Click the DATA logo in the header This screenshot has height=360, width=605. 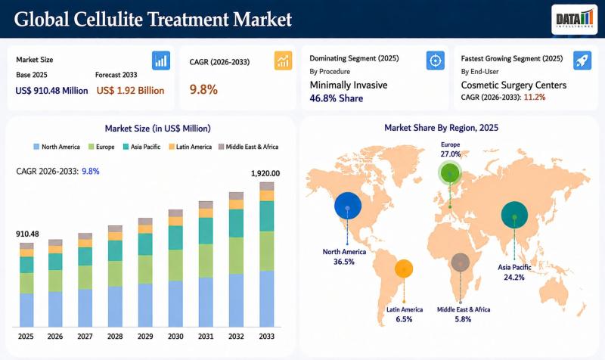[574, 20]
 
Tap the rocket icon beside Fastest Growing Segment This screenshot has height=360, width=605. [582, 61]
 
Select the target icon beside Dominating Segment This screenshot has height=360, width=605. [436, 61]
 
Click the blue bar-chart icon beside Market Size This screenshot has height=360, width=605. [161, 61]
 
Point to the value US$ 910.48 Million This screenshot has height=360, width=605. [51, 91]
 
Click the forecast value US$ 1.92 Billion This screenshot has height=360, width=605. [130, 91]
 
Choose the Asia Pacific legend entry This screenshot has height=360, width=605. [141, 147]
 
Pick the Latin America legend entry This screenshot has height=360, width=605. [191, 147]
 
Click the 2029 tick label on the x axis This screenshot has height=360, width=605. [145, 337]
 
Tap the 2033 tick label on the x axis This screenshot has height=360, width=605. [267, 337]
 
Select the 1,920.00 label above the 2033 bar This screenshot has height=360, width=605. [265, 174]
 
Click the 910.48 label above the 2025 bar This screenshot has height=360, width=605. [27, 234]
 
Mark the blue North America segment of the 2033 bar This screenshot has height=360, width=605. [267, 299]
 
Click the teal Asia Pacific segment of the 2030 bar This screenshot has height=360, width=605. [175, 237]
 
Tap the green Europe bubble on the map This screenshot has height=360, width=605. [450, 172]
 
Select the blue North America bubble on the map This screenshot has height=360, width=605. [348, 205]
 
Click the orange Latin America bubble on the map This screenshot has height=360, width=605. [404, 269]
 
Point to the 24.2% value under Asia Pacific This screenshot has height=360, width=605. [514, 278]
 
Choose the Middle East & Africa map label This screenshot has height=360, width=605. [464, 309]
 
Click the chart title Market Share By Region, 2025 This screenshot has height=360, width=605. [442, 128]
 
